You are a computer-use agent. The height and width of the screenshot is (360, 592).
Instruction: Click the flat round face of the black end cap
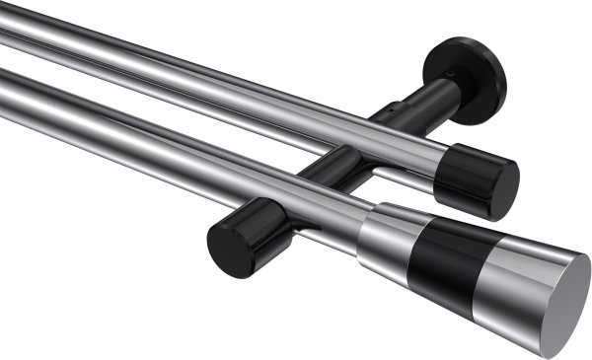click(503, 190)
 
